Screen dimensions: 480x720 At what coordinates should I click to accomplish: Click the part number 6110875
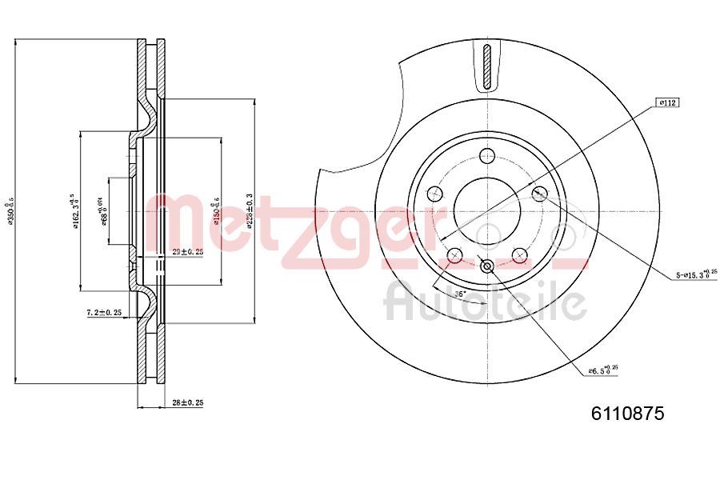(627, 414)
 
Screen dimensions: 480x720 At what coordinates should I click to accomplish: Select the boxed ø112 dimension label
(666, 102)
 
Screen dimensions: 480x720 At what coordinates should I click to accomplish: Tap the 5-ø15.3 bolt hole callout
(696, 274)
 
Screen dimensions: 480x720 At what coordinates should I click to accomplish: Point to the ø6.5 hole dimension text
(603, 370)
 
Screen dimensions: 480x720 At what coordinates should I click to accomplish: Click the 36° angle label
(460, 294)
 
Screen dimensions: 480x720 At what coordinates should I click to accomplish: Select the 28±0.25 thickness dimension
(189, 402)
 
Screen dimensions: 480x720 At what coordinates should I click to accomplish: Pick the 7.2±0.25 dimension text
(104, 312)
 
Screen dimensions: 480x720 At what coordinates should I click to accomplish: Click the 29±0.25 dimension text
(187, 251)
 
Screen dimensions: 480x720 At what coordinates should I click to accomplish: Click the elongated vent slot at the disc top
(487, 67)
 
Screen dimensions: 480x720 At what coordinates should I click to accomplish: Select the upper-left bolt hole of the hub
(434, 193)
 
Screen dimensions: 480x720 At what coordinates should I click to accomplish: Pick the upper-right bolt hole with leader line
(539, 193)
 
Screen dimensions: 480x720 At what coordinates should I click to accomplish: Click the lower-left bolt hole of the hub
(454, 256)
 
